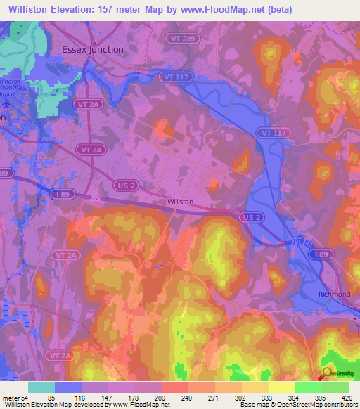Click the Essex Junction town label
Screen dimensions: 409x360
pyautogui.click(x=92, y=50)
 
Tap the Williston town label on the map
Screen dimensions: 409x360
pyautogui.click(x=180, y=202)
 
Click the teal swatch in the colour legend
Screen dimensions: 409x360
pyautogui.click(x=41, y=387)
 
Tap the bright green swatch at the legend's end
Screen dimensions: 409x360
pyautogui.click(x=335, y=387)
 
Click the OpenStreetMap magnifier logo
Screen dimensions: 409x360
pyautogui.click(x=326, y=372)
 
